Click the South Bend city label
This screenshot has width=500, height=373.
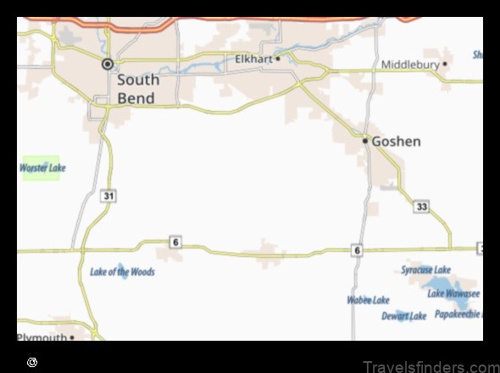(136, 89)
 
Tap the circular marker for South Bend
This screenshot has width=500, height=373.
(108, 64)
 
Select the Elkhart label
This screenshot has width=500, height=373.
(253, 59)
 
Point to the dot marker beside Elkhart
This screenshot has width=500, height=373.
(277, 58)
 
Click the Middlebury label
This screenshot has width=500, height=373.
(410, 64)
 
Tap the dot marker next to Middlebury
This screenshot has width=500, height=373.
(445, 64)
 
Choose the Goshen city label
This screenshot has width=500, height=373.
(396, 142)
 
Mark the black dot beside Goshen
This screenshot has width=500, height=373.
(365, 141)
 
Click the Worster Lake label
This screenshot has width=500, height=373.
(42, 168)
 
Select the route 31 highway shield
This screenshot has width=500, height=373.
(108, 196)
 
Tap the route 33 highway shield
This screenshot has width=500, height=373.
(422, 206)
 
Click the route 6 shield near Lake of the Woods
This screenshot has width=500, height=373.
(175, 242)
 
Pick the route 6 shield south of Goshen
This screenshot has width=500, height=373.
(358, 250)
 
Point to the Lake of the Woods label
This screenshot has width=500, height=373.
(122, 272)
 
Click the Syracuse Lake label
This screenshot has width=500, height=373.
(426, 270)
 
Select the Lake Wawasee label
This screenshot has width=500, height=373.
(453, 294)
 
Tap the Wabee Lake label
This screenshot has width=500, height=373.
(368, 300)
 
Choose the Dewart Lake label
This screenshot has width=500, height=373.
(404, 316)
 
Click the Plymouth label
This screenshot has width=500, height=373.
(42, 337)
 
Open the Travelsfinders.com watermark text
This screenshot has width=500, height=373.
(430, 366)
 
